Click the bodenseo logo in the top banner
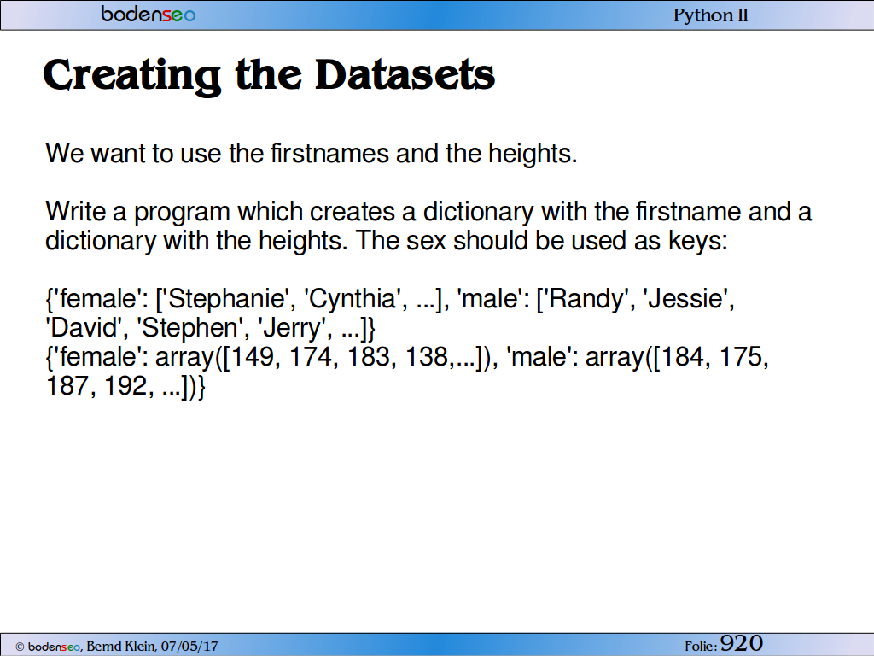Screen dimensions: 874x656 tap(149, 14)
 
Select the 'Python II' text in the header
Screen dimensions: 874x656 tap(711, 15)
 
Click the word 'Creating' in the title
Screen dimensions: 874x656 tap(131, 76)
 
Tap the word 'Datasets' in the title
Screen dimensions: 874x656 tap(405, 75)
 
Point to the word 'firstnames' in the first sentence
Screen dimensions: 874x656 tap(329, 153)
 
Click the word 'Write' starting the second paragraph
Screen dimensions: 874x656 tap(75, 212)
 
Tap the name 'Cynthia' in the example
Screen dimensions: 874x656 tap(353, 298)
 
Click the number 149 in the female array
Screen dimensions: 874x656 tap(252, 357)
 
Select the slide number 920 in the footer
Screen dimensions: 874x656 tap(742, 643)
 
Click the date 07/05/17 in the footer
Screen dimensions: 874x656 tap(189, 647)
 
